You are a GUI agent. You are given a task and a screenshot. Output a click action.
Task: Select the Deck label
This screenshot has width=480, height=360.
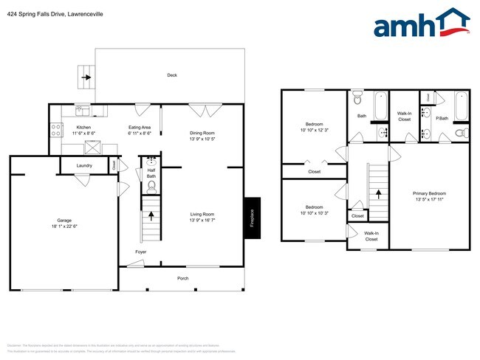tap(171, 75)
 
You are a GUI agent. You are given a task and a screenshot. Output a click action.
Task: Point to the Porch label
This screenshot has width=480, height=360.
tap(182, 278)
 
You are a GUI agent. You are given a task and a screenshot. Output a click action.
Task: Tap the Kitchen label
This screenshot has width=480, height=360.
tap(84, 127)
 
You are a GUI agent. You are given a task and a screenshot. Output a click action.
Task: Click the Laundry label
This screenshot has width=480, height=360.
tap(84, 165)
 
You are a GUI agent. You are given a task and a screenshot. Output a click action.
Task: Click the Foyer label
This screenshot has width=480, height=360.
tap(140, 252)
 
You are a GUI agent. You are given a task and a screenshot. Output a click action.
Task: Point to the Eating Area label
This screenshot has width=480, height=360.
tap(140, 127)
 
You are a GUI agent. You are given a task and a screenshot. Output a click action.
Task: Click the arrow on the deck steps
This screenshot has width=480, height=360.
tap(86, 76)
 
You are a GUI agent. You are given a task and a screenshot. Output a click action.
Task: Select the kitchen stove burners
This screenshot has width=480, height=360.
tap(55, 130)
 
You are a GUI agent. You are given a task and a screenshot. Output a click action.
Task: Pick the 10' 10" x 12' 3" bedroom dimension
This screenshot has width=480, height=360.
tap(313, 130)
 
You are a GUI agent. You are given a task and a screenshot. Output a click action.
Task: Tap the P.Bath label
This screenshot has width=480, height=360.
tap(442, 118)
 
